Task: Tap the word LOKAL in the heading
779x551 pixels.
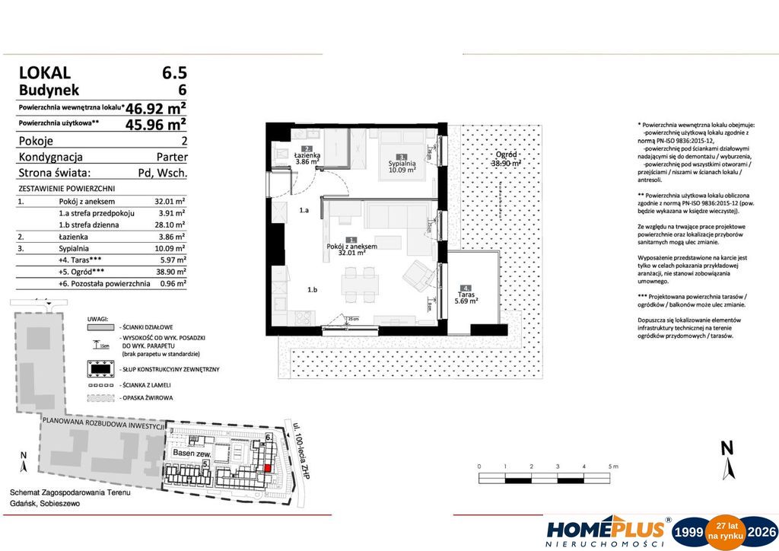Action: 44,74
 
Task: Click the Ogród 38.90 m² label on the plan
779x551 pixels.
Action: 505,158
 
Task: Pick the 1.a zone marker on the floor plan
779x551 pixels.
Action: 304,210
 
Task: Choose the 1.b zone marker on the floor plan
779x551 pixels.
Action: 312,290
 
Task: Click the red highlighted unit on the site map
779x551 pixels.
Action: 267,468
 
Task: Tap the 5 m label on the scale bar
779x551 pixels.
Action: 612,465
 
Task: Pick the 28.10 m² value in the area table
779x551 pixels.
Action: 170,225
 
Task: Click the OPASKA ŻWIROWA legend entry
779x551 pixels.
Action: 146,398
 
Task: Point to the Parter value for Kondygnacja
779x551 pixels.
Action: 171,157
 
